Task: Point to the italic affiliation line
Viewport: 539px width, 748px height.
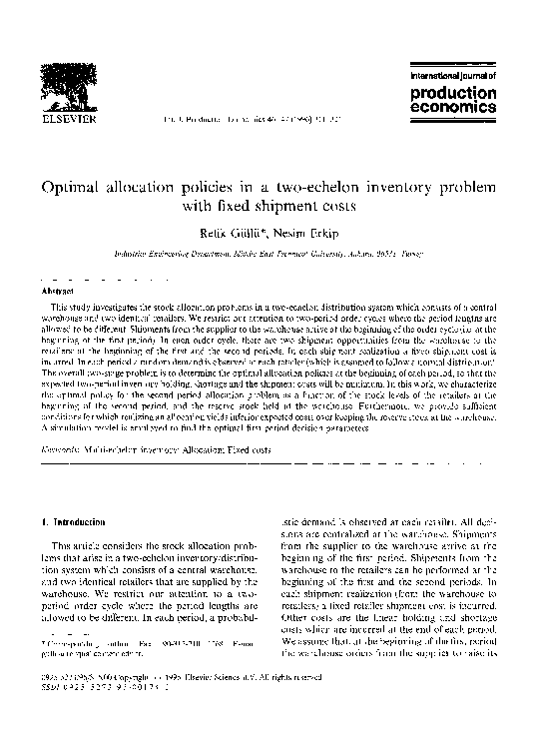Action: click(x=269, y=254)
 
